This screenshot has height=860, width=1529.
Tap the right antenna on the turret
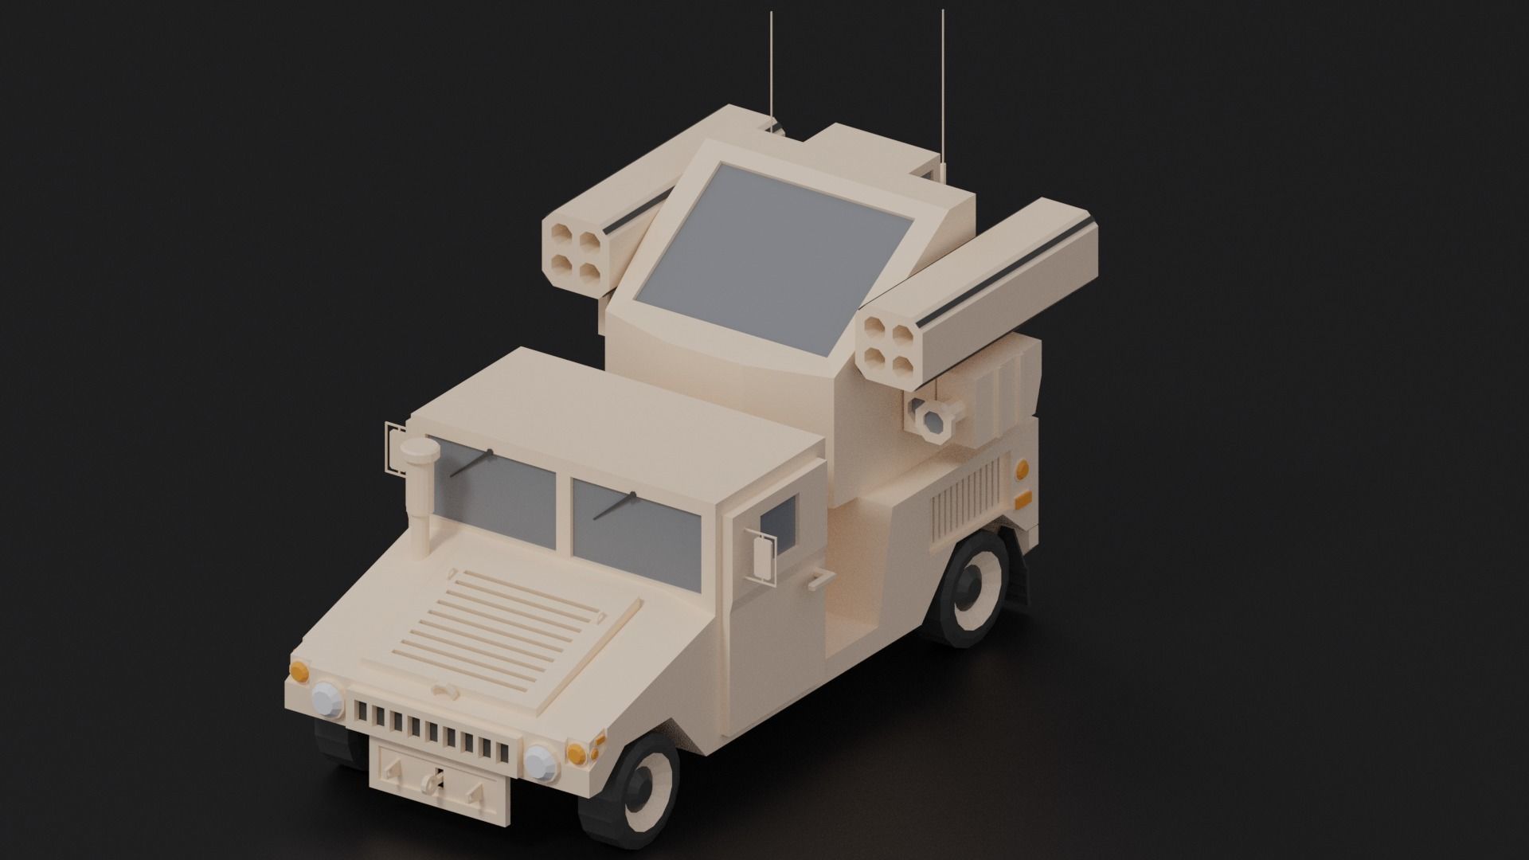(x=943, y=88)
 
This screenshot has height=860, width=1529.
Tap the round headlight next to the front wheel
(x=542, y=764)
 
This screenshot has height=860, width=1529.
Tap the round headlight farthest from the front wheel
(x=327, y=699)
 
